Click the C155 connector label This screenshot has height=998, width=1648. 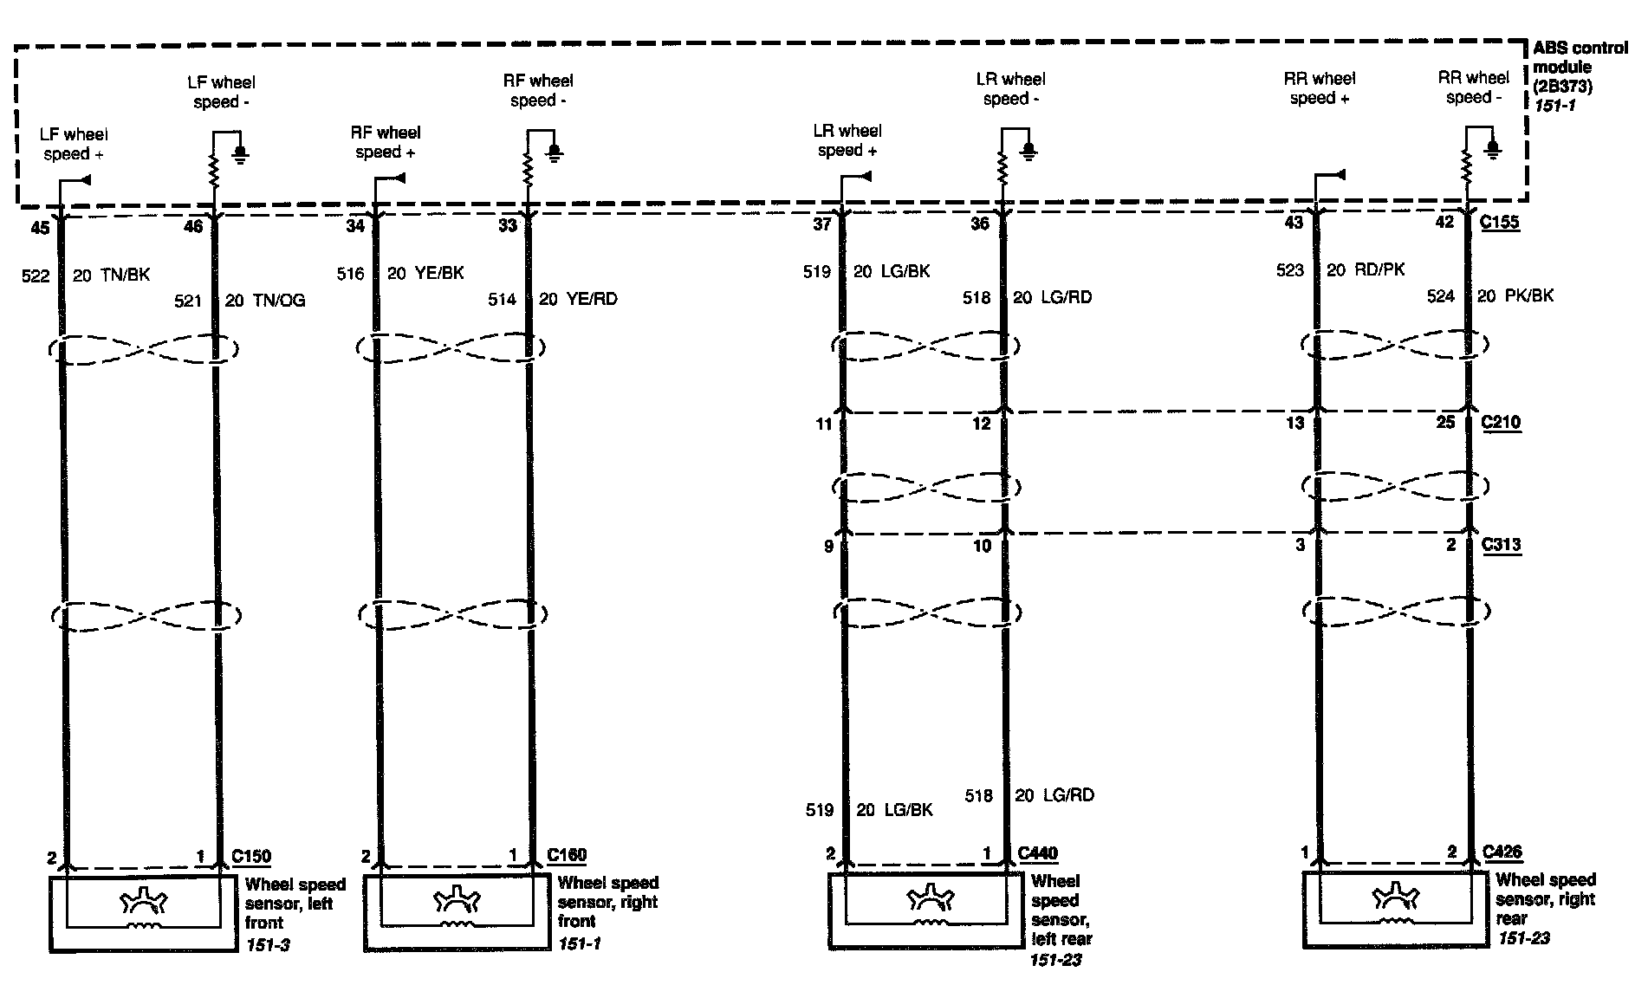pyautogui.click(x=1499, y=223)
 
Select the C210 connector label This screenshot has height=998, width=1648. pyautogui.click(x=1501, y=423)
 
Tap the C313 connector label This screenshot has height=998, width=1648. pyautogui.click(x=1501, y=545)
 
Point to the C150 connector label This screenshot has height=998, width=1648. pyautogui.click(x=251, y=856)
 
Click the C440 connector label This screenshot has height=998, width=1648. pyautogui.click(x=1037, y=853)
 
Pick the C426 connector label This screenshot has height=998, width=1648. pyautogui.click(x=1502, y=852)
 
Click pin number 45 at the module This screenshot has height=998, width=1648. pyautogui.click(x=40, y=227)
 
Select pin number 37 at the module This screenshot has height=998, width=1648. pyautogui.click(x=821, y=224)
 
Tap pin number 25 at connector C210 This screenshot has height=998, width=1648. pyautogui.click(x=1445, y=423)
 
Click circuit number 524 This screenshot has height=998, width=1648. pyautogui.click(x=1440, y=296)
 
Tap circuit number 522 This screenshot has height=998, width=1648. pyautogui.click(x=36, y=275)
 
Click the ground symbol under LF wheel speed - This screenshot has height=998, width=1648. pyautogui.click(x=241, y=154)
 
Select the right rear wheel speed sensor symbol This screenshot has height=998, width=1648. pyautogui.click(x=1395, y=906)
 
